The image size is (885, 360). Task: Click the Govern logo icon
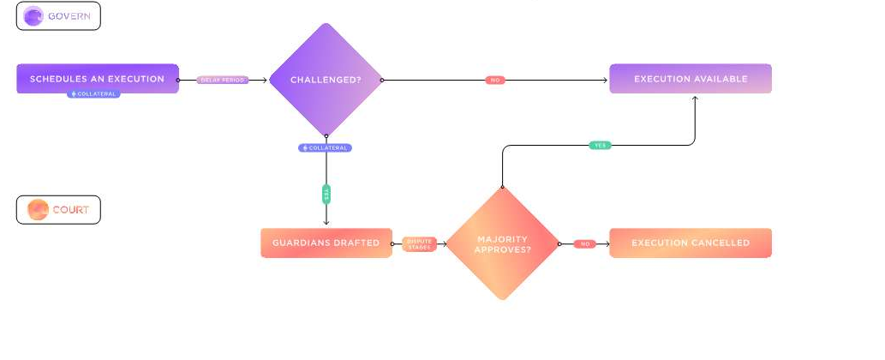point(34,16)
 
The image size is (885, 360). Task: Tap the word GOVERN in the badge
point(69,16)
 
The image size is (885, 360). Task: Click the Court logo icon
point(38,210)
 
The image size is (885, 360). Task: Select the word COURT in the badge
point(70,210)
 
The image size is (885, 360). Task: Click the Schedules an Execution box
point(97,79)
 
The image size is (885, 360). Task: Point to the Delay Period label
point(223,80)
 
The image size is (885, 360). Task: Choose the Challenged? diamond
point(326,80)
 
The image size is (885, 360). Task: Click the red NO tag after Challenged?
point(494,80)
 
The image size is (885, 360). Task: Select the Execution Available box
point(691,79)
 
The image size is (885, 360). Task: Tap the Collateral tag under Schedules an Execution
point(93,94)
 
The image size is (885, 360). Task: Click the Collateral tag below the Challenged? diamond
point(325,148)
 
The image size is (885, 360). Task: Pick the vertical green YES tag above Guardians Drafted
point(326,195)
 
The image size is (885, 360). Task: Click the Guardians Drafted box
point(326,243)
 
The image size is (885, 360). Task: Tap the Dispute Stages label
point(420,243)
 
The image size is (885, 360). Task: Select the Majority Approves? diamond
point(502,243)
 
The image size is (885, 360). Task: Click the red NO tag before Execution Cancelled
point(585,243)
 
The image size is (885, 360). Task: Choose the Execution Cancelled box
point(691,243)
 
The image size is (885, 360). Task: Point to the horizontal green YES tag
point(601,146)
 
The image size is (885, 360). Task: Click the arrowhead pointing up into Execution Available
point(695,98)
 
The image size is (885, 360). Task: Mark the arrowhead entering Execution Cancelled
point(607,243)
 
